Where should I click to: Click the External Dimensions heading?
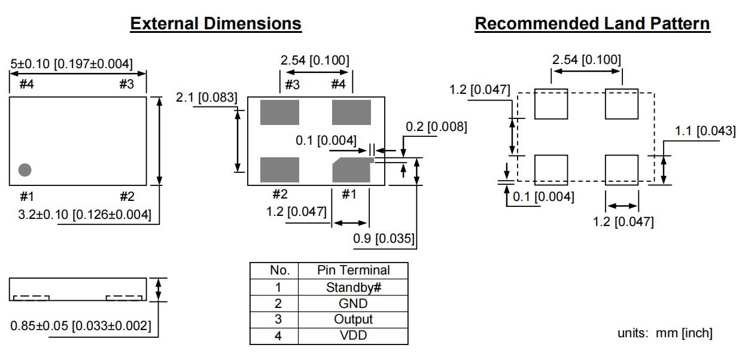coord(215,24)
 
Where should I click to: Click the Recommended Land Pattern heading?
coord(592,24)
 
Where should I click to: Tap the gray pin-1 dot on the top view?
coord(25,170)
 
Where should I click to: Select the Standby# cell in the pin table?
coord(353,287)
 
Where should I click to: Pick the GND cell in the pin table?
coord(353,303)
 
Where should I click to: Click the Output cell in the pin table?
coord(353,319)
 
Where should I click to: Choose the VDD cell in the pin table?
coord(353,335)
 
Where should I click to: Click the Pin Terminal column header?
coord(353,270)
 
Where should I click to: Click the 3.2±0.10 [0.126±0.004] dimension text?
coord(84,213)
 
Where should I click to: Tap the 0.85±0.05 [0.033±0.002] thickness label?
coord(81,326)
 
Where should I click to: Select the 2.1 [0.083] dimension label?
coord(206,97)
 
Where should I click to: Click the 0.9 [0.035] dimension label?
coord(384,239)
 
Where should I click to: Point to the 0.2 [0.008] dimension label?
coord(436,127)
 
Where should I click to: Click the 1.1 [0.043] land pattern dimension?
coord(705,131)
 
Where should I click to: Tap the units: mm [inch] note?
coord(664,333)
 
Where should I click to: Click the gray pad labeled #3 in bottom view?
coord(279,112)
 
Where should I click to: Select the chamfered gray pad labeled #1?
coord(352,170)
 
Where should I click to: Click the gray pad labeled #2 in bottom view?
coord(279,169)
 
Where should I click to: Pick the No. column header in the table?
coord(279,270)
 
